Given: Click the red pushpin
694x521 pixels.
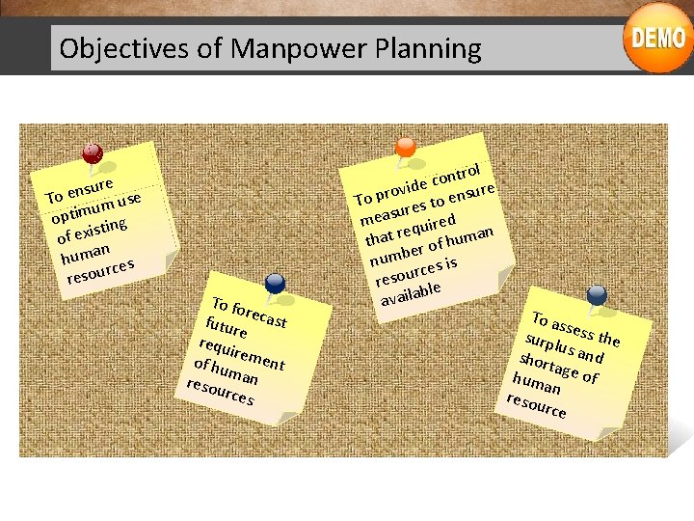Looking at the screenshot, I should (93, 153).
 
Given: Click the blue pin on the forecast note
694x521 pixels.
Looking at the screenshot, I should (275, 282).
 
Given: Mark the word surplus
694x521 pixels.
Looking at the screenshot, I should (547, 345).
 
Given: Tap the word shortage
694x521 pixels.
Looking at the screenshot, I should (544, 366).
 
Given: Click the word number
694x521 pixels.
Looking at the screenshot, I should (394, 253).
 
